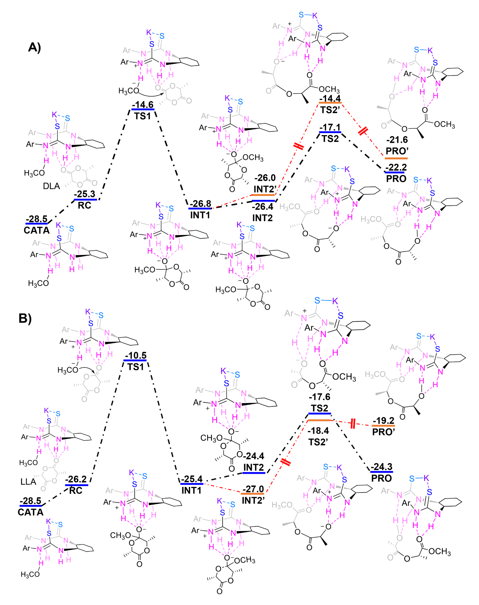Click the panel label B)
point(25,318)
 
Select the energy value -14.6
point(143,104)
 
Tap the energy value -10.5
point(136,356)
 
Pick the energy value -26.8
point(200,204)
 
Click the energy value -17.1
point(330,128)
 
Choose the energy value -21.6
point(397,140)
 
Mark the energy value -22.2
point(396,168)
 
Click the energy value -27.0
point(253,489)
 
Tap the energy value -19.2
point(383,420)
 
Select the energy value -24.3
point(382,467)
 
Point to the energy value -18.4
point(318,431)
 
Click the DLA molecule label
point(51,186)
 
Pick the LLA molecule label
point(28,482)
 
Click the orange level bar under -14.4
point(330,103)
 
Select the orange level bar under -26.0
point(263,195)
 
